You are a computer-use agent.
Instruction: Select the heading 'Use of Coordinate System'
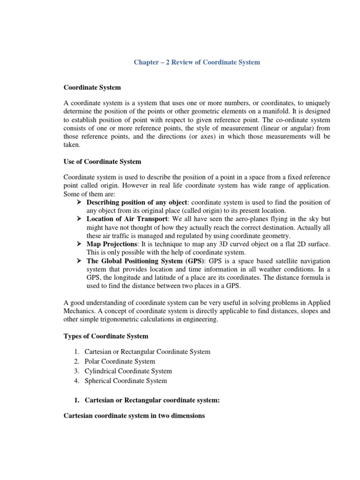[x=102, y=162]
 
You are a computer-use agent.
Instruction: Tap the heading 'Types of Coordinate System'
[x=105, y=336]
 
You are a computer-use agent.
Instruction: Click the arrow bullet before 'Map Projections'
[x=79, y=244]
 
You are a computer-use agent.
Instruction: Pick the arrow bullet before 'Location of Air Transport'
[x=79, y=219]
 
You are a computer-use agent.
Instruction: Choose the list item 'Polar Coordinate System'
[x=120, y=361]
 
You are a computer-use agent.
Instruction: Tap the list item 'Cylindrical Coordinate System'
[x=128, y=371]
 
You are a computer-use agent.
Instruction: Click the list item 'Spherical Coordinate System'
[x=126, y=381]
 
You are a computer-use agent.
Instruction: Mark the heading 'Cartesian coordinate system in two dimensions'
[x=134, y=416]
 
